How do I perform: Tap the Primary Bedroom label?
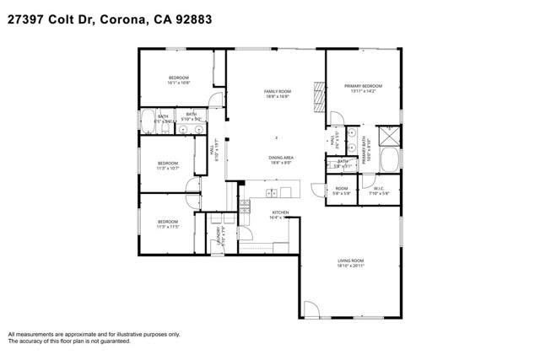tap(363, 86)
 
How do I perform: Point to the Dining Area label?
tap(281, 158)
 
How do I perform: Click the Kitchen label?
tap(280, 212)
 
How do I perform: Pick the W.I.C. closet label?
tap(379, 189)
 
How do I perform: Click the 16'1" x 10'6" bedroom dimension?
tap(178, 83)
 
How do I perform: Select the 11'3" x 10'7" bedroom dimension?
tap(167, 168)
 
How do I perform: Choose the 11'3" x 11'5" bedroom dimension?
tap(167, 227)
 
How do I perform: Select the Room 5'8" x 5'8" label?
tap(341, 191)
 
